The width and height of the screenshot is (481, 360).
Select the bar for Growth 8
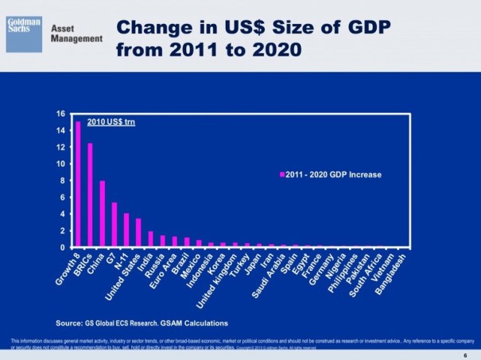click(78, 184)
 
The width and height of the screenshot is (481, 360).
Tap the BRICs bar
click(90, 195)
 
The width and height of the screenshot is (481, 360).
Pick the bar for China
click(103, 215)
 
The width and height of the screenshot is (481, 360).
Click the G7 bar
click(114, 225)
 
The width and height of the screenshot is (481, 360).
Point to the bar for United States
click(138, 233)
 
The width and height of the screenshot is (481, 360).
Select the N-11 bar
click(126, 230)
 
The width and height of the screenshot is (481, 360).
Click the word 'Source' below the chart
click(68, 323)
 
